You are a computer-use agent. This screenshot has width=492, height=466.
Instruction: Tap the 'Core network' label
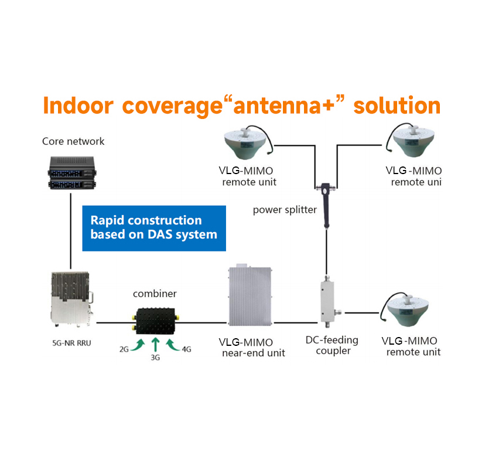pyautogui.click(x=73, y=141)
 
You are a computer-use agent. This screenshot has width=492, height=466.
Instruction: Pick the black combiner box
pyautogui.click(x=155, y=321)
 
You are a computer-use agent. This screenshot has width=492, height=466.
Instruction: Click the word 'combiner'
pyautogui.click(x=155, y=294)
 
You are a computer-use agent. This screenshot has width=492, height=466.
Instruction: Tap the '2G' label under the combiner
pyautogui.click(x=124, y=349)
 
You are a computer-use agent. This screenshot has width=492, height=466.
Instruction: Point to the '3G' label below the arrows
pyautogui.click(x=155, y=356)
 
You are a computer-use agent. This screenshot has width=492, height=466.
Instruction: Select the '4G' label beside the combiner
pyautogui.click(x=186, y=349)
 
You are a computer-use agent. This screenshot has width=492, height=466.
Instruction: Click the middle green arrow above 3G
pyautogui.click(x=155, y=343)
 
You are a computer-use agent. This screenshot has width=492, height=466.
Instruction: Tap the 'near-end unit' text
pyautogui.click(x=253, y=353)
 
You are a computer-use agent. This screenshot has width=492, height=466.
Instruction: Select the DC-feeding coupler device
pyautogui.click(x=326, y=302)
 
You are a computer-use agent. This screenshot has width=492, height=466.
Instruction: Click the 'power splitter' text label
pyautogui.click(x=285, y=209)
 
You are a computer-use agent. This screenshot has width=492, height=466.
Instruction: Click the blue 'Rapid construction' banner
pyautogui.click(x=153, y=228)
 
